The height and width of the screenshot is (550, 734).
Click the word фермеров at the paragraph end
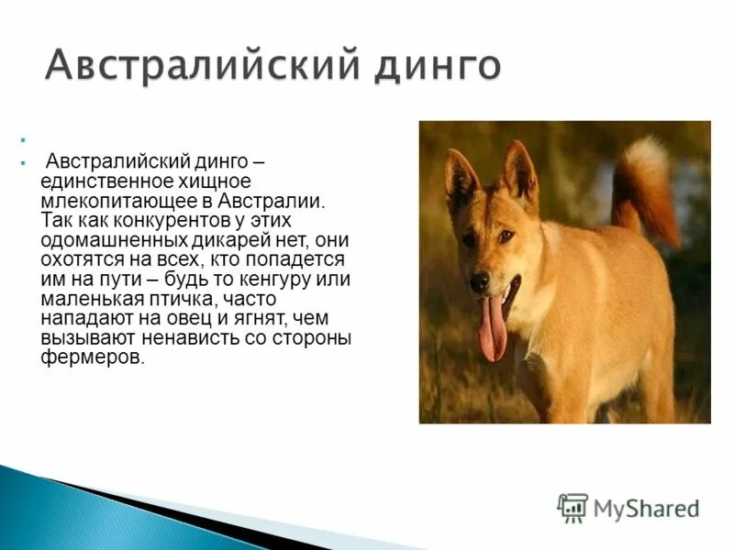tap(91, 357)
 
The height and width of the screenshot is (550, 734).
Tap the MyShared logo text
tap(646, 508)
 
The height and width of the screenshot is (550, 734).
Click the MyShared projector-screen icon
tap(573, 508)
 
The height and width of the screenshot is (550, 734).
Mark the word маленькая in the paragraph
tap(86, 299)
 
